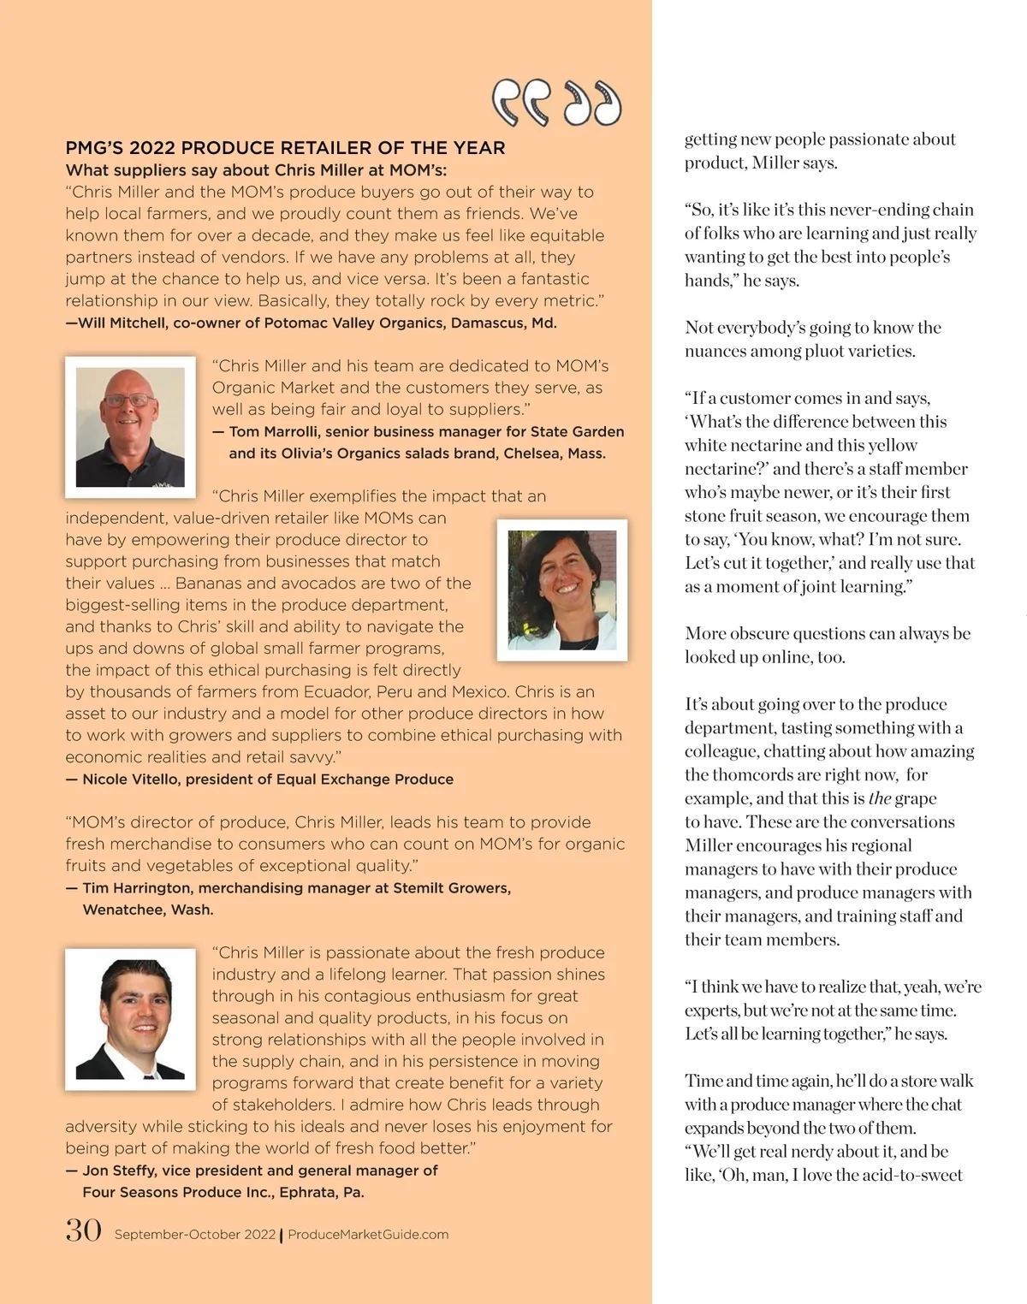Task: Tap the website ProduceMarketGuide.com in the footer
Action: click(368, 1235)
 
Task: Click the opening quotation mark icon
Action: click(520, 104)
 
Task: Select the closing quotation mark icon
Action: click(592, 104)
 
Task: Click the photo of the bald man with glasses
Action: click(130, 427)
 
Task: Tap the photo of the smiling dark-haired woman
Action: click(562, 590)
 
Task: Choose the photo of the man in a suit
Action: click(130, 1019)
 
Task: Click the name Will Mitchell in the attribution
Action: click(122, 323)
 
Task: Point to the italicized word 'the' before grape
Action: click(880, 798)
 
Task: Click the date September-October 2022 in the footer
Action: click(195, 1235)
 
